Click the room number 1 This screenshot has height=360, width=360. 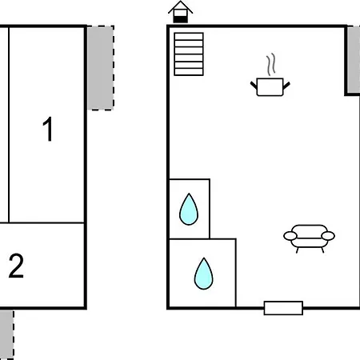(48, 129)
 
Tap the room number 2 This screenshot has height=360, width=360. (16, 266)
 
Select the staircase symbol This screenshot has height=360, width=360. (189, 54)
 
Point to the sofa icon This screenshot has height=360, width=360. (309, 238)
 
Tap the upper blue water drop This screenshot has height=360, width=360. (189, 210)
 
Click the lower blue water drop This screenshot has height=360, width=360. (204, 274)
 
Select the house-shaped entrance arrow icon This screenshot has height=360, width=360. (181, 12)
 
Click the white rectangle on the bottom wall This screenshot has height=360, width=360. (283, 308)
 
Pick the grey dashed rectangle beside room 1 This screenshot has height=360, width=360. (101, 68)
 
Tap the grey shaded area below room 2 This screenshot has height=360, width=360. (6, 334)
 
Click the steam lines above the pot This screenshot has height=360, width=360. (271, 64)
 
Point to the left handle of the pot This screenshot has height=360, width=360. (254, 86)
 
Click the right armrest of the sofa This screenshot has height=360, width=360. (328, 236)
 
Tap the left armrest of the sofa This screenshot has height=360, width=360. (290, 236)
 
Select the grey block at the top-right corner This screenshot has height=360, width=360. (354, 60)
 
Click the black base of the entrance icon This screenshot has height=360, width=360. (181, 19)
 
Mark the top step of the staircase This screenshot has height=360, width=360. (189, 36)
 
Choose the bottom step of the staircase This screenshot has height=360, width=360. (189, 72)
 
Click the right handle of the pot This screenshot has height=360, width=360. (286, 86)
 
